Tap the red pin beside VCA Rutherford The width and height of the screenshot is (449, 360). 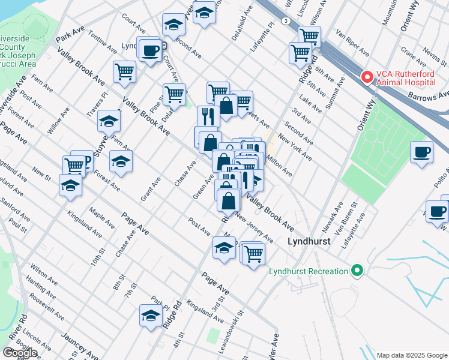tap(366, 77)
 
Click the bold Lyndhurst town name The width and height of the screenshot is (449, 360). tap(310, 242)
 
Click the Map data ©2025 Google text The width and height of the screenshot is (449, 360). tap(412, 355)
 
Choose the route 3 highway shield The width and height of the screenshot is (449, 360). tap(288, 21)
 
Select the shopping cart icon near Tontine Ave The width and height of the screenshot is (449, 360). tap(124, 71)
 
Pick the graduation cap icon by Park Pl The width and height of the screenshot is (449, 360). tap(151, 315)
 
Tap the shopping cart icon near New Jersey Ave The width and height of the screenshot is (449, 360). tap(253, 253)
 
